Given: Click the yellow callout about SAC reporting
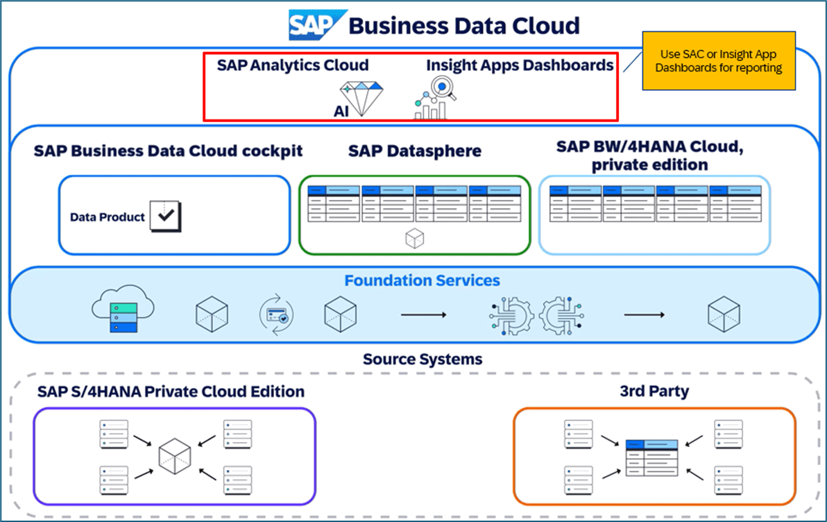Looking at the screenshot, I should click(x=718, y=61).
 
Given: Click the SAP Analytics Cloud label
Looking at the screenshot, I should click(x=292, y=65).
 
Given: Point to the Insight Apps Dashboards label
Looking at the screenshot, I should click(x=520, y=65).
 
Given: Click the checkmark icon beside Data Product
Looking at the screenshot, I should click(x=165, y=216).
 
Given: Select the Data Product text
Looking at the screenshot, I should click(x=108, y=217).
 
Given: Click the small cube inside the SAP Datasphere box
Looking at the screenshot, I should click(x=414, y=239).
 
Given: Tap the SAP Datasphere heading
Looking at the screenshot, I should click(x=414, y=151).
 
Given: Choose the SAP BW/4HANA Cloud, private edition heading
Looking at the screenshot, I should click(x=650, y=155).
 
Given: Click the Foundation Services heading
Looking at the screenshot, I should click(x=422, y=280).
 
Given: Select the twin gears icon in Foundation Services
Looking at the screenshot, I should click(x=536, y=314).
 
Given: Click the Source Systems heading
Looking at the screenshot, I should click(x=422, y=359).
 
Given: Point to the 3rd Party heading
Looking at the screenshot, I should click(x=654, y=391).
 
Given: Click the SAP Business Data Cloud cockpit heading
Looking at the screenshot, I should click(x=168, y=151).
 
